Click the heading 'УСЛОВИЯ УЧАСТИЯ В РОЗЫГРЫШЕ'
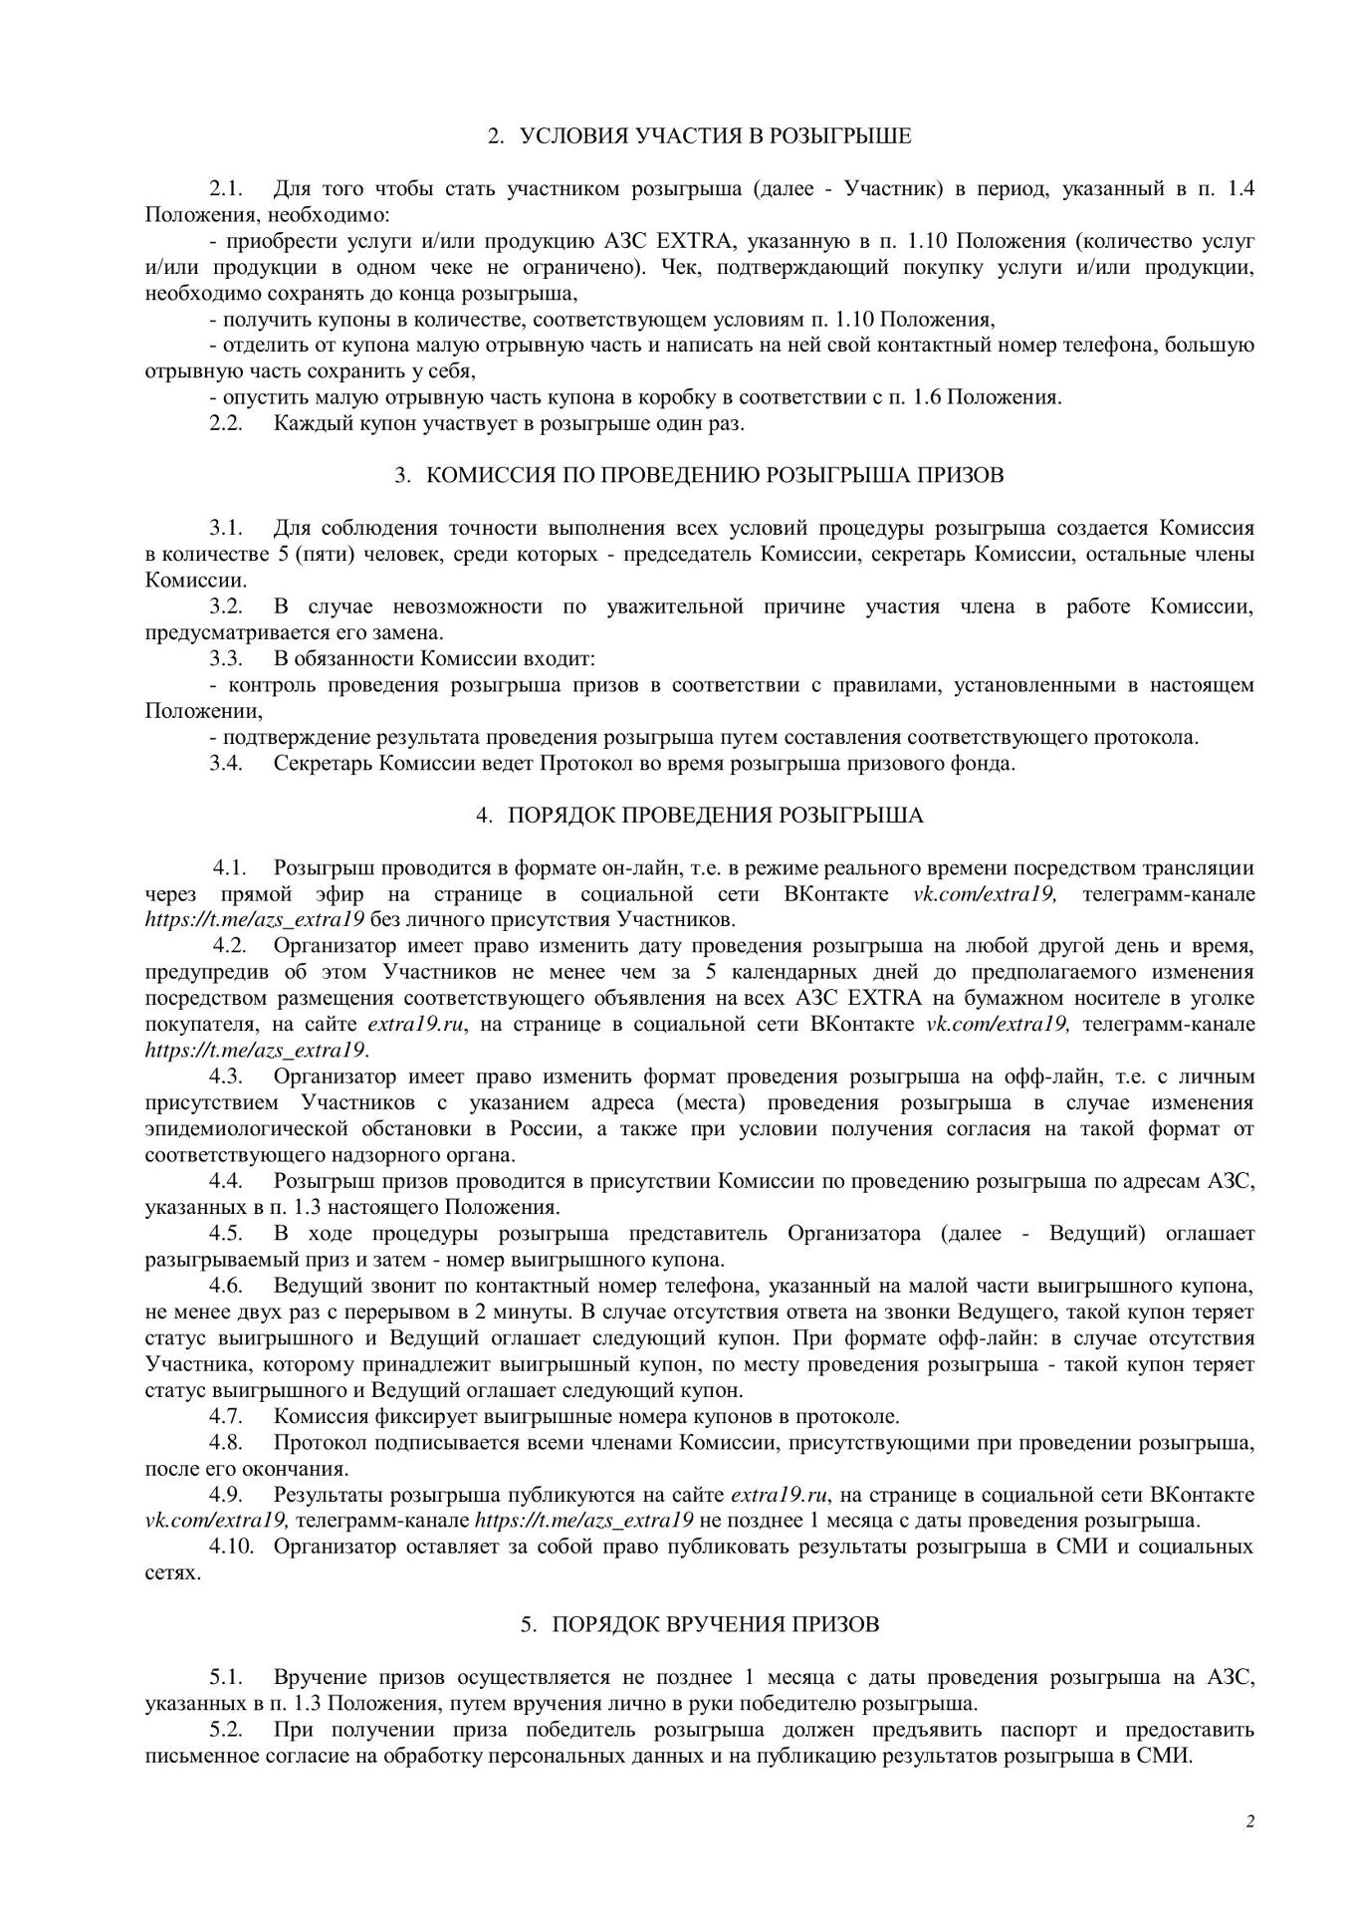click(715, 136)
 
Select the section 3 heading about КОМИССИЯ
click(715, 476)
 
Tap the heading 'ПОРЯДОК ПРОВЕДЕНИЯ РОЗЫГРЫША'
click(715, 816)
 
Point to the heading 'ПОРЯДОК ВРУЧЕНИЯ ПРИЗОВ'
click(715, 1624)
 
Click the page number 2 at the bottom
click(1249, 1821)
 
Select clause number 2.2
click(226, 424)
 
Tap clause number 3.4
click(226, 764)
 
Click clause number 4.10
click(231, 1547)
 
